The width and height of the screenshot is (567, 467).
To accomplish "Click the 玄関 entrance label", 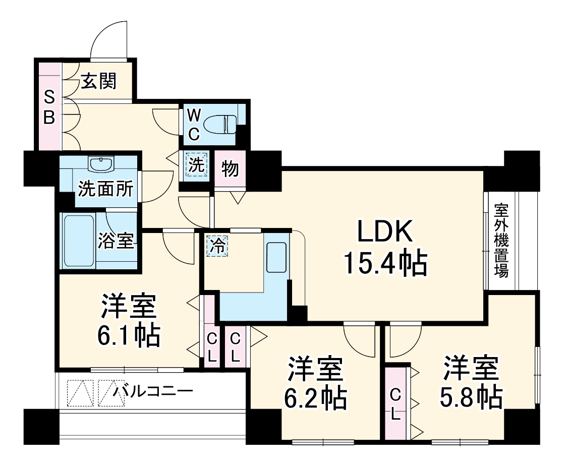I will click(x=99, y=81).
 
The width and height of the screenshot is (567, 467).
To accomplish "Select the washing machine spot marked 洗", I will click(x=196, y=164).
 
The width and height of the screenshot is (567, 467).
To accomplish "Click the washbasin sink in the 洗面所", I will click(x=102, y=164).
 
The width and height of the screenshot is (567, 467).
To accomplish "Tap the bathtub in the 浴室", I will click(x=78, y=241).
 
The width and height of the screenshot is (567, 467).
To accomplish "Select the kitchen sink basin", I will click(x=276, y=258).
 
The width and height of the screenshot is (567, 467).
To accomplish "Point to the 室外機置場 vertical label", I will click(x=500, y=240).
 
